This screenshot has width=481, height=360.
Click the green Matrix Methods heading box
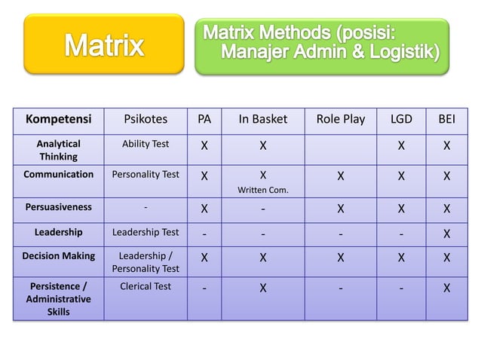point(322,45)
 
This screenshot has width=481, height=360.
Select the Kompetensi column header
point(59,119)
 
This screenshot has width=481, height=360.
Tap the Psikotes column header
point(146,119)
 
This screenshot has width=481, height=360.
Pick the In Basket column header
point(262,119)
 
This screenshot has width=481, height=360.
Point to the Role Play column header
point(341,119)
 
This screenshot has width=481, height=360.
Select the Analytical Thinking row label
point(59,149)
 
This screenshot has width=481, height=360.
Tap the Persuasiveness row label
point(59,206)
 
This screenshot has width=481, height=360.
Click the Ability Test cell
point(146,143)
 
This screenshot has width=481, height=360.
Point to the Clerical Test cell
point(146,286)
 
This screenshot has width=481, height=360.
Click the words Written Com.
point(262,189)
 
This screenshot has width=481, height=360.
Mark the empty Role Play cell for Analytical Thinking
point(341,149)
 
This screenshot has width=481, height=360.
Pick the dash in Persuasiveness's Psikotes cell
point(146,206)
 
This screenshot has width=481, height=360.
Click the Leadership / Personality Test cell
point(146,262)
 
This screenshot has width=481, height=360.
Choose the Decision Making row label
point(59,256)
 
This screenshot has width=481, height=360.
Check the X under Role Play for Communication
point(341,176)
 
